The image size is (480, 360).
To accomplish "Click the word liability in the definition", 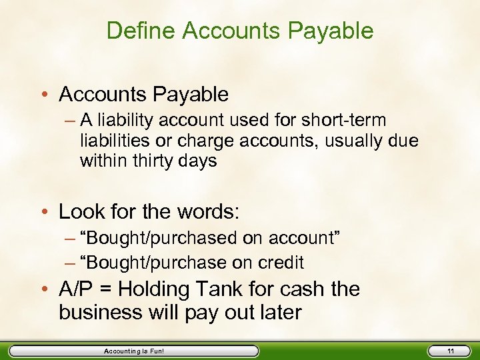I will [129, 121].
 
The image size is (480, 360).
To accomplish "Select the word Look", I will [81, 212].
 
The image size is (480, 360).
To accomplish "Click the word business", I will [103, 313].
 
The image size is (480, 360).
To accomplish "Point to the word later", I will [279, 313].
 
